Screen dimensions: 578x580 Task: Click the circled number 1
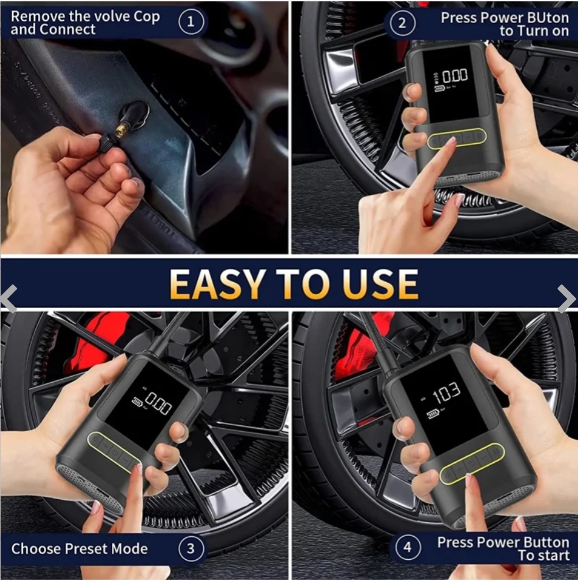tap(191, 21)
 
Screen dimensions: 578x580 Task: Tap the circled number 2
tap(402, 23)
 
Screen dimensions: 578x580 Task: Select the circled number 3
tap(191, 548)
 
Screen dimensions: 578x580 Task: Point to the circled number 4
tap(407, 547)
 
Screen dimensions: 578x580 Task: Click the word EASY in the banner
tap(216, 284)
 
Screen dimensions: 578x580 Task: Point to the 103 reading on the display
tap(446, 394)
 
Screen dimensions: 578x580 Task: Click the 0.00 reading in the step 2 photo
tap(455, 76)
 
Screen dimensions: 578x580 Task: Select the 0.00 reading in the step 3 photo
tap(158, 402)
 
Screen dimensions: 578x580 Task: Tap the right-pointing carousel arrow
tap(566, 298)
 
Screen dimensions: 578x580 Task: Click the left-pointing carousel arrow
tap(9, 299)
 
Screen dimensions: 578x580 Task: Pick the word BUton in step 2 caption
tap(547, 18)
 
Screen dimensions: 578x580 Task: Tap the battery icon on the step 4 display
tap(433, 414)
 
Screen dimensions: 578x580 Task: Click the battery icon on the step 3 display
tap(138, 402)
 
